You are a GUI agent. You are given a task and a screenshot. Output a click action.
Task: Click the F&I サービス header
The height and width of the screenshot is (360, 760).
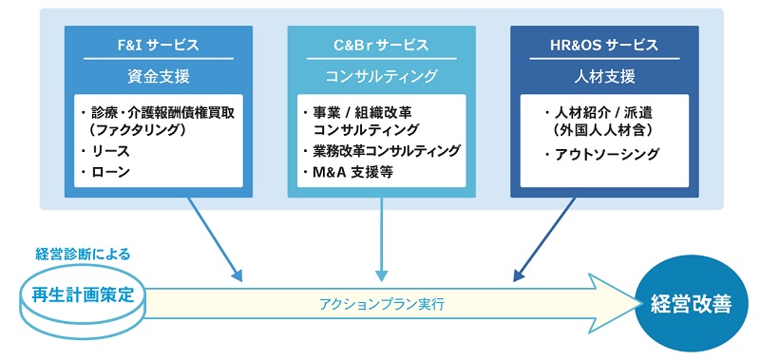159,45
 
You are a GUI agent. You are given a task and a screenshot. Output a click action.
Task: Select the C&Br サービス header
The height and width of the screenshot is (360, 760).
381,45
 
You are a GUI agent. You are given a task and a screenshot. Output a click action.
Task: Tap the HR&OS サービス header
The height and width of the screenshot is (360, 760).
604,45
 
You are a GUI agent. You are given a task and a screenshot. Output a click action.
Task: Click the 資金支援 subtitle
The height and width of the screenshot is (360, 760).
159,74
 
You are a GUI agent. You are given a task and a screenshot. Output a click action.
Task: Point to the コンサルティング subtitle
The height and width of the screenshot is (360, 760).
381,74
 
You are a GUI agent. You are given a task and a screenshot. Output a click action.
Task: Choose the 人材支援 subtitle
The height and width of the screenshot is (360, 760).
604,74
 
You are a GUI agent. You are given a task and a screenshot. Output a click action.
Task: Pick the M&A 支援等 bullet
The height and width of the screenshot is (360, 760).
350,172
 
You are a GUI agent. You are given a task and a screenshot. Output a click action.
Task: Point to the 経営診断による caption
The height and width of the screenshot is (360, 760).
83,254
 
